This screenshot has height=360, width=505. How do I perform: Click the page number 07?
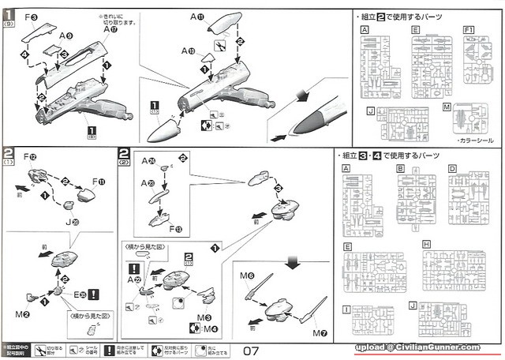252,348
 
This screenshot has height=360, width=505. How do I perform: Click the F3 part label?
30,16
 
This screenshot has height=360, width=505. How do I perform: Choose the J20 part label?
73,222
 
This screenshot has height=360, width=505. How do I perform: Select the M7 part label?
319,332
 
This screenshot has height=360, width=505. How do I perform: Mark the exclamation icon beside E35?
95,294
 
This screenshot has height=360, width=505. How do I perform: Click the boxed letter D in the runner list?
451,168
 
